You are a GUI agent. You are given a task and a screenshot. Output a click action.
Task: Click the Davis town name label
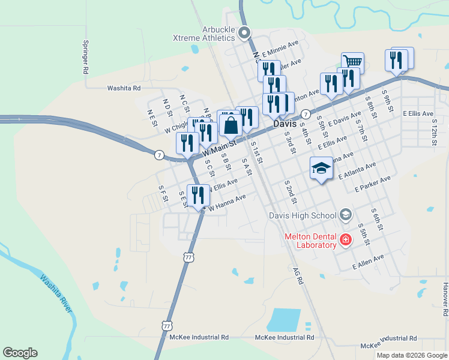(x=285, y=123)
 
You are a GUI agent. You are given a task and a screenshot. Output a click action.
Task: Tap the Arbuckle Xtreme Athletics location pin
(x=244, y=32)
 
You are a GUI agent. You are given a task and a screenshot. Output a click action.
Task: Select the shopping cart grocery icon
(x=352, y=62)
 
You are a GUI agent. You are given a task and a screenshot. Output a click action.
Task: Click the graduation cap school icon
(x=321, y=168)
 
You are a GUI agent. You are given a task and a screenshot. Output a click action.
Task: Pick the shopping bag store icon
(x=231, y=126)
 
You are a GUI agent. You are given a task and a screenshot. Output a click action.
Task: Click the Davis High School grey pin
(x=345, y=214)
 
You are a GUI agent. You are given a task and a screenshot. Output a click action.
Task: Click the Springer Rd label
(x=86, y=58)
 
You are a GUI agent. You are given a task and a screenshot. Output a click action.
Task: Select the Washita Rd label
(x=124, y=88)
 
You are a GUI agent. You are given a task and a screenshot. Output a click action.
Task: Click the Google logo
(x=20, y=353)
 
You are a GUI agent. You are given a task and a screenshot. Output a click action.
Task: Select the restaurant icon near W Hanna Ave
(x=197, y=195)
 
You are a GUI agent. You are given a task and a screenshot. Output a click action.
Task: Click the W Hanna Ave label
(x=226, y=202)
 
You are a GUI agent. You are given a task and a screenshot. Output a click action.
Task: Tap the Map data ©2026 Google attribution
(x=411, y=355)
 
